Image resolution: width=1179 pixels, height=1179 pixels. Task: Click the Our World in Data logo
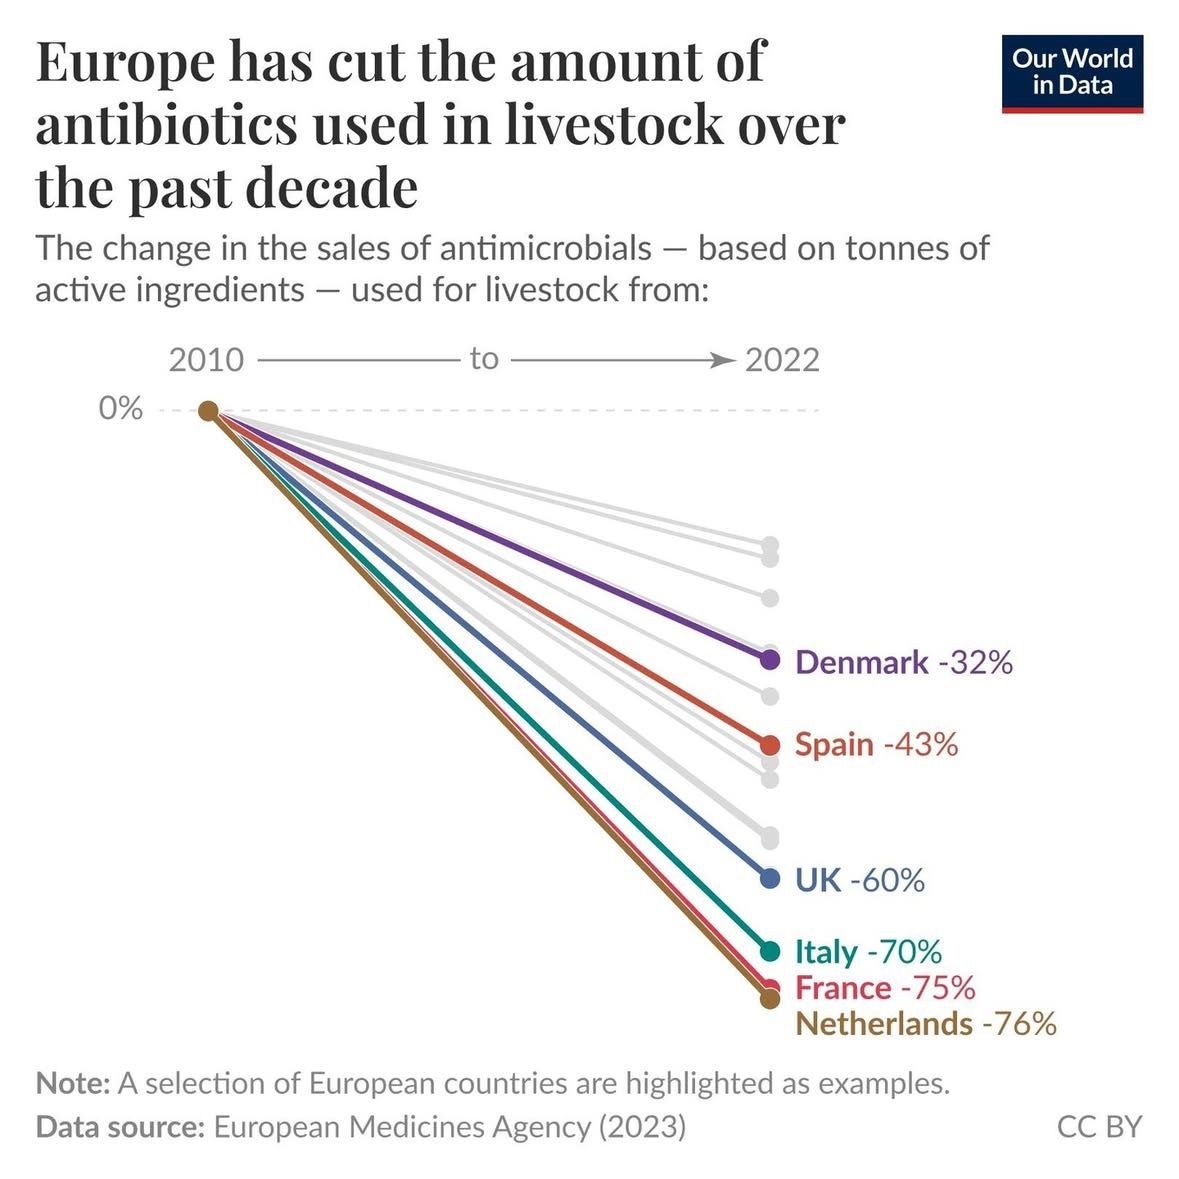click(1072, 74)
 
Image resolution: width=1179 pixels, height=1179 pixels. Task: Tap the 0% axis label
click(120, 408)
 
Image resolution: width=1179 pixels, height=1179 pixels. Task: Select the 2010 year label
click(206, 360)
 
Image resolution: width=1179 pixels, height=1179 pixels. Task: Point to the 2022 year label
click(782, 360)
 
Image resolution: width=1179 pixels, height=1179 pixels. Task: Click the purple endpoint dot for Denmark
click(770, 660)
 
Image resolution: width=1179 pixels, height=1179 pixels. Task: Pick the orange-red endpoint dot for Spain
click(770, 745)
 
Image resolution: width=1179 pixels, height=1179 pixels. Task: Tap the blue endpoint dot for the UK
click(770, 878)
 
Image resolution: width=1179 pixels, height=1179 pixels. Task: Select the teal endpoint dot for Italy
click(770, 951)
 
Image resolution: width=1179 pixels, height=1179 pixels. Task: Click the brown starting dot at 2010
click(208, 411)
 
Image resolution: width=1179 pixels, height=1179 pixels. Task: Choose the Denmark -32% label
click(904, 662)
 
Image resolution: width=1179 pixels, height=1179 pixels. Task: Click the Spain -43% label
click(877, 744)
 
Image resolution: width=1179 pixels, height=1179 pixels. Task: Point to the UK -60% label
click(860, 880)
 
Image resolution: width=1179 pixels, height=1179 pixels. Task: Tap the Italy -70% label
click(868, 952)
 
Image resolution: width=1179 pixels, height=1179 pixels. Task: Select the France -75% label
click(885, 988)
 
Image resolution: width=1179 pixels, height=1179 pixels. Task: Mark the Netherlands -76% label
click(926, 1024)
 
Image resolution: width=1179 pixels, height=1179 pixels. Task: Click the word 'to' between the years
click(484, 359)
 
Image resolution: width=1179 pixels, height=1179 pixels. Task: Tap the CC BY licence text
click(1099, 1127)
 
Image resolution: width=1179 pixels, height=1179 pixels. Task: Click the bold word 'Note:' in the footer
click(73, 1084)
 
